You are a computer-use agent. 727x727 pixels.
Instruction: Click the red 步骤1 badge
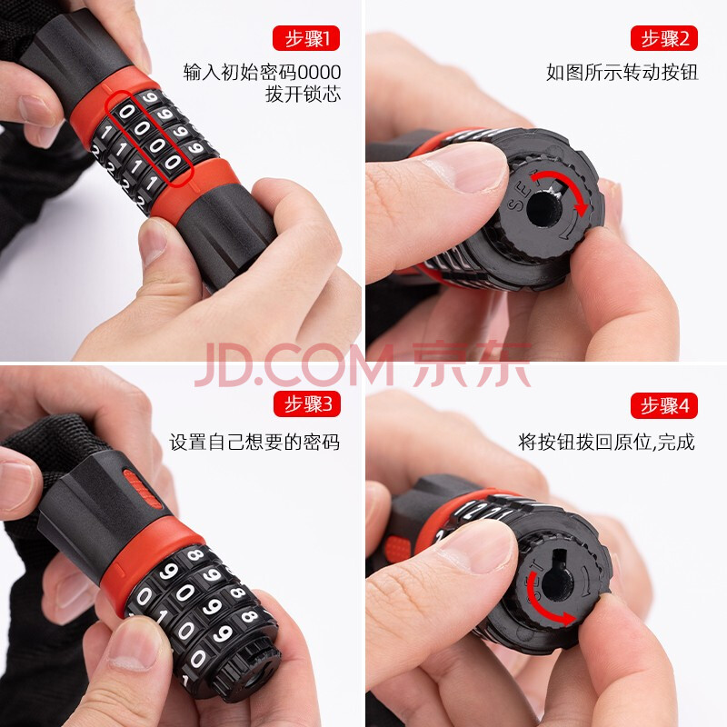click(306, 38)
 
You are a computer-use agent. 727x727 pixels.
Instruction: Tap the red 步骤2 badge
click(664, 38)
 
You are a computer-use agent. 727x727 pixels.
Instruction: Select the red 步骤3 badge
click(307, 403)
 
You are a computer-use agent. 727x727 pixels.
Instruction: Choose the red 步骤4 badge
click(664, 405)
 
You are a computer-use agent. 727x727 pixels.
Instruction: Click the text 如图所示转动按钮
click(622, 73)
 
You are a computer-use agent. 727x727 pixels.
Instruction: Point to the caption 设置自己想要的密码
click(254, 442)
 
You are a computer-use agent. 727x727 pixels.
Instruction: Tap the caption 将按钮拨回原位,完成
click(606, 442)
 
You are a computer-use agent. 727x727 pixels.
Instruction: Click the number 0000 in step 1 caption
click(319, 73)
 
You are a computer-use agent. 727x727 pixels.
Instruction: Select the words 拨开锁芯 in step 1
click(303, 95)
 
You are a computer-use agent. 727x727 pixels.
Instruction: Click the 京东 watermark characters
click(472, 364)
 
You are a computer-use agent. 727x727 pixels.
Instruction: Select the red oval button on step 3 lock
click(142, 489)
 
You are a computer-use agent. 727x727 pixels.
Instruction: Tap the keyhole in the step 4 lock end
click(557, 580)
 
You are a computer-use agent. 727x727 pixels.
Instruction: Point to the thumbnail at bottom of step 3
click(134, 648)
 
